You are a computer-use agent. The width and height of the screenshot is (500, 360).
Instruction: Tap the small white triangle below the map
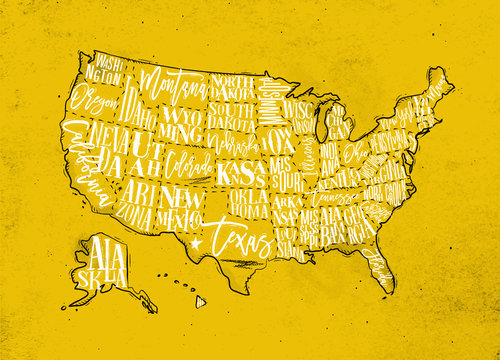[200, 300]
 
